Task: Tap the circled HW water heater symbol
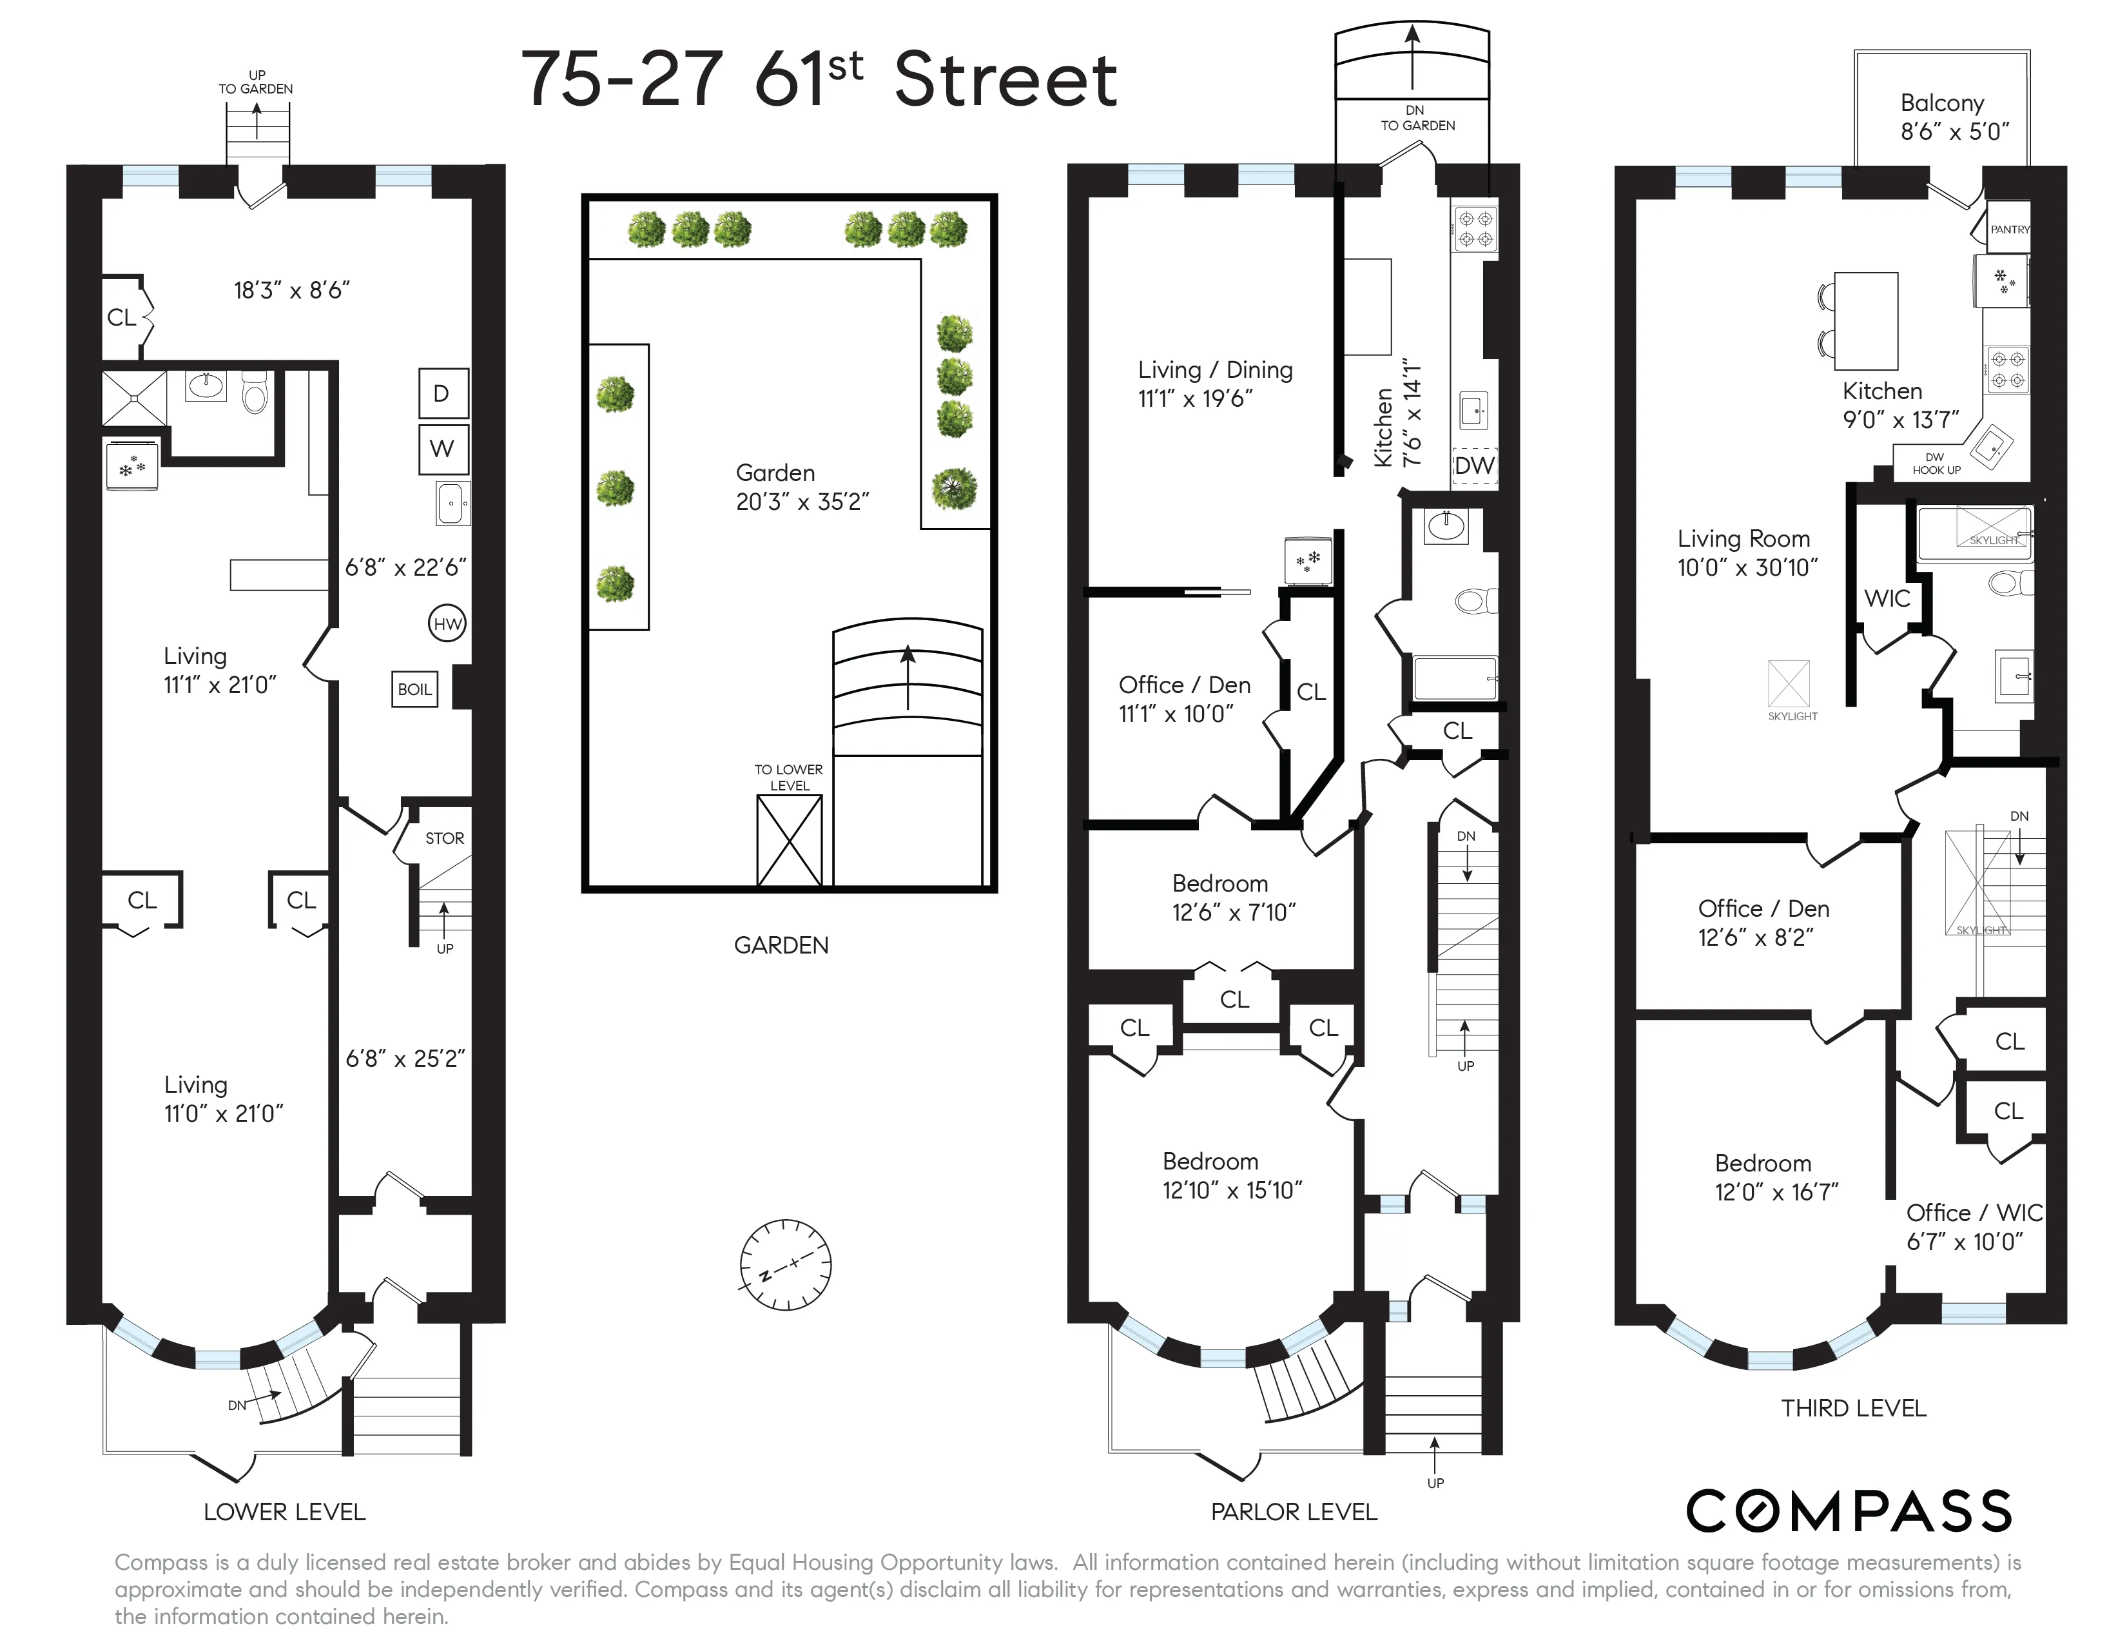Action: (447, 624)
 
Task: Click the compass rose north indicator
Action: (785, 1265)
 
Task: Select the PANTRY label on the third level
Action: (2009, 230)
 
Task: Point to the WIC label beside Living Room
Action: (1887, 599)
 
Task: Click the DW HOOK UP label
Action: (1935, 464)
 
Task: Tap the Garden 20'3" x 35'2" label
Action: (802, 487)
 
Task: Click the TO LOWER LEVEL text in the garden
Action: (789, 778)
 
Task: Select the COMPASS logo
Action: (1849, 1512)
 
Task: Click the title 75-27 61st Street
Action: (818, 80)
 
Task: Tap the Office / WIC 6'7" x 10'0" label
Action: (1973, 1227)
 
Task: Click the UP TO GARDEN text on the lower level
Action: (256, 82)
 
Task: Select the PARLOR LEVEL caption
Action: (1294, 1512)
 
